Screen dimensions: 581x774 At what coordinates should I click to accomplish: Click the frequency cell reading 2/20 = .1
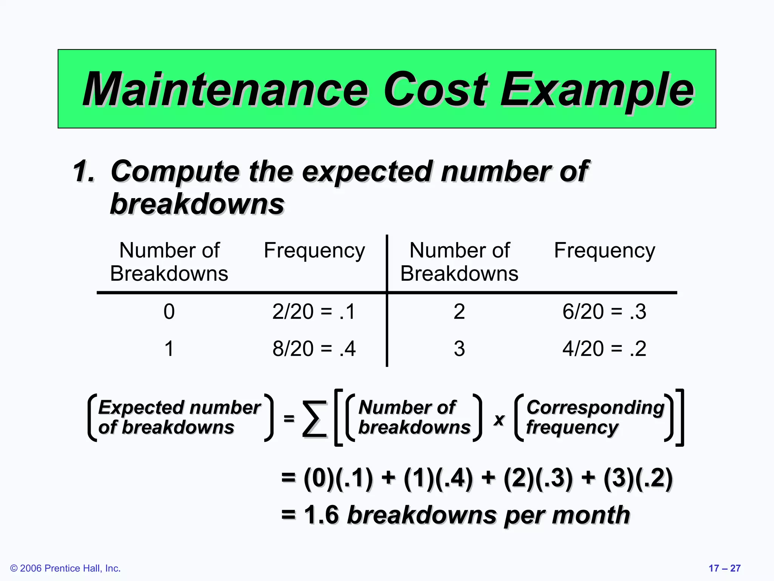(314, 312)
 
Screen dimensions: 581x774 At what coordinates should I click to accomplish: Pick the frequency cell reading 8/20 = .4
(314, 348)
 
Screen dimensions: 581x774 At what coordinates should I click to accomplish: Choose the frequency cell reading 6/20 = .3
(604, 312)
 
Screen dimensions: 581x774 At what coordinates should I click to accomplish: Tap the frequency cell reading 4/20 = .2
(604, 348)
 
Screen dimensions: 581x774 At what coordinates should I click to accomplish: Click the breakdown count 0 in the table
(169, 312)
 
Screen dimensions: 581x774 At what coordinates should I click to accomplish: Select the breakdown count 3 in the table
(459, 348)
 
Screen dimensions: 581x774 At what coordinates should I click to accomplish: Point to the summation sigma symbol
(314, 419)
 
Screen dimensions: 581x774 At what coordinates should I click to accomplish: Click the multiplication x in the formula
(499, 419)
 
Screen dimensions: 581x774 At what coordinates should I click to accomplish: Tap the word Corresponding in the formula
(595, 408)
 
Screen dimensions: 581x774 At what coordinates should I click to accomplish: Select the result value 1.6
(321, 515)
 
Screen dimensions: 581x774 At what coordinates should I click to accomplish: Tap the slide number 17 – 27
(724, 568)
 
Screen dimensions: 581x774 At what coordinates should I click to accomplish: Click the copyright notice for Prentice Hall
(65, 568)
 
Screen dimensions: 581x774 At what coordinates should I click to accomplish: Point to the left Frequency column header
(314, 250)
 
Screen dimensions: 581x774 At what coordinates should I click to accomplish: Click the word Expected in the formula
(139, 408)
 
